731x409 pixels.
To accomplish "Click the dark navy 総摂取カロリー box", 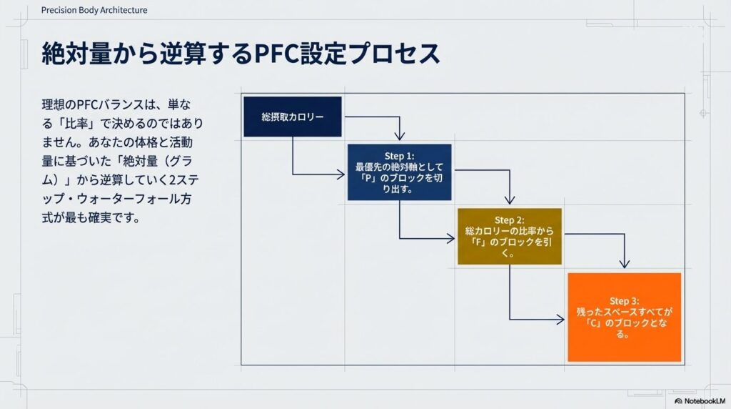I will tap(293, 116).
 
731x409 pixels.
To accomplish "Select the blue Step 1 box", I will tap(399, 172).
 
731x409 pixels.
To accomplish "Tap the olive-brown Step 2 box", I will tap(509, 237).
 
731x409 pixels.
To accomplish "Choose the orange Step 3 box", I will tap(624, 317).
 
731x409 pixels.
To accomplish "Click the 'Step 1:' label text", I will tap(399, 155).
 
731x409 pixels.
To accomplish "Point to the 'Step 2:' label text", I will tap(509, 220).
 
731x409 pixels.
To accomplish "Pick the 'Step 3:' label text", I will tap(624, 301).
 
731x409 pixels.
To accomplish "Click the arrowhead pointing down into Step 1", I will tap(400, 136).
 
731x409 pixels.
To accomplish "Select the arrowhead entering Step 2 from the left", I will tap(451, 237).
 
